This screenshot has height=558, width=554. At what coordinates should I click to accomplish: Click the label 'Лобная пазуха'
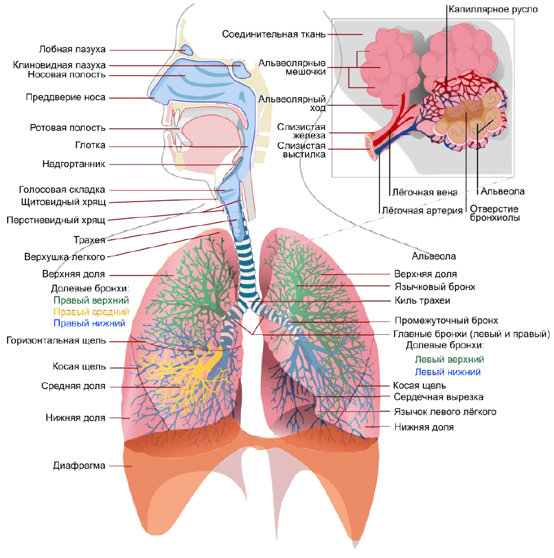(72, 49)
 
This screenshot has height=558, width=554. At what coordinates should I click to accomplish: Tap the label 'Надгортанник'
(74, 164)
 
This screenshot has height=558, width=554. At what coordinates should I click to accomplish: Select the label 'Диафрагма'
(79, 466)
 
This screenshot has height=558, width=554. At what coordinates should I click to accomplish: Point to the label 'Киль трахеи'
(422, 301)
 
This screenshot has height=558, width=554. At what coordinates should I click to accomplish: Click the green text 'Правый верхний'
(91, 300)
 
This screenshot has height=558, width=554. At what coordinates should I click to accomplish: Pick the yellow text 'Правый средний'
(91, 312)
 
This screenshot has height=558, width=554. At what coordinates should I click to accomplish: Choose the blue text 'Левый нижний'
(448, 372)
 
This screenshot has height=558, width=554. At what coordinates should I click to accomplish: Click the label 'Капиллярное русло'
(493, 10)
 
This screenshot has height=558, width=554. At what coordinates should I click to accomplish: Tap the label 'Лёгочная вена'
(425, 193)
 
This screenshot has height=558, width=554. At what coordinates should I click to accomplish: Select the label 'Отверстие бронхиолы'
(495, 213)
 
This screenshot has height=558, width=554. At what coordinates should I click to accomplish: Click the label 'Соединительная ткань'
(273, 34)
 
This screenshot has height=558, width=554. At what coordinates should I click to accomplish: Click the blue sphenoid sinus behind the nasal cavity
(241, 69)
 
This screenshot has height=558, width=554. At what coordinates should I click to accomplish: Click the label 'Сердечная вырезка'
(439, 397)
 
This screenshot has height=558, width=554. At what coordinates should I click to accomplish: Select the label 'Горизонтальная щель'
(56, 341)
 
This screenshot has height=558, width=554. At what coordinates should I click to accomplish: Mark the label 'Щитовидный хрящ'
(63, 202)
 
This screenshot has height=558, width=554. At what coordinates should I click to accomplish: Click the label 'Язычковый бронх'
(435, 287)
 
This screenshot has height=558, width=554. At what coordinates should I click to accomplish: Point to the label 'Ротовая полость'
(68, 128)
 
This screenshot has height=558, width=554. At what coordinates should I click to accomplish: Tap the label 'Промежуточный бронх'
(446, 321)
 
